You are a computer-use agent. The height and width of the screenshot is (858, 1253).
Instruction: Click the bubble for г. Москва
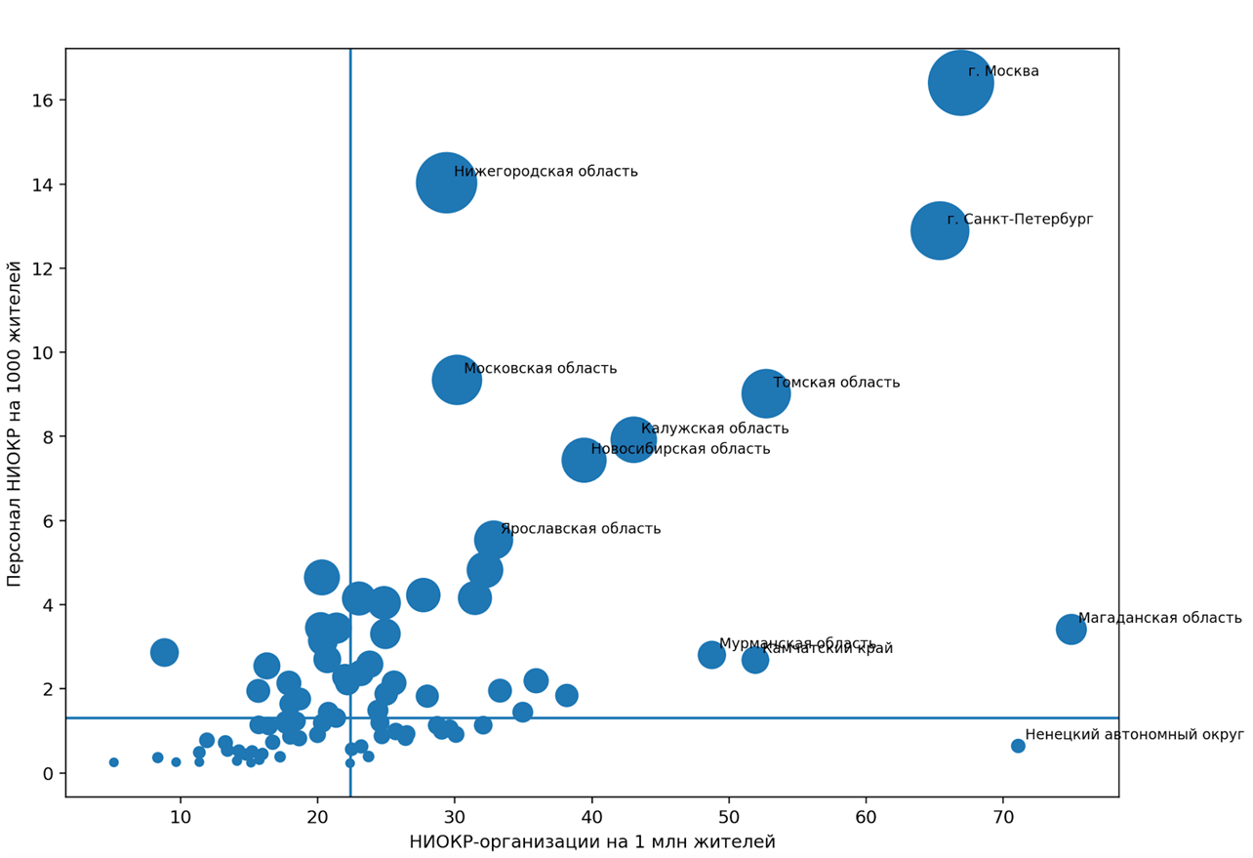tap(960, 83)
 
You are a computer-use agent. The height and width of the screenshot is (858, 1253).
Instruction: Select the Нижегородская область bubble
tap(446, 183)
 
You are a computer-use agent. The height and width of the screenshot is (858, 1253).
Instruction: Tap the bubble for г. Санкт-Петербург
tap(939, 231)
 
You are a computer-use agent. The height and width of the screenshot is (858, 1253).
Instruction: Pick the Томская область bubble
tap(765, 393)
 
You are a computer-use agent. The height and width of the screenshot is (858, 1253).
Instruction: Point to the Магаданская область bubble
tap(1071, 629)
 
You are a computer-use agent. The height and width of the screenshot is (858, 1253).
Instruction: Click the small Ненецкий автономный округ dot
tap(1018, 746)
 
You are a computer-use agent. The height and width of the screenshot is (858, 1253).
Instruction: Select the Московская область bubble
tap(456, 380)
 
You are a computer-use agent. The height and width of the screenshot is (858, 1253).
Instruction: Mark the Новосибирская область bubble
tap(584, 460)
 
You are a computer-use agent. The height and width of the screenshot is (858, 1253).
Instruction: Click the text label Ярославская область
tap(581, 529)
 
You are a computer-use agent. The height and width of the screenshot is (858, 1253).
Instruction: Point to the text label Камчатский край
tap(828, 650)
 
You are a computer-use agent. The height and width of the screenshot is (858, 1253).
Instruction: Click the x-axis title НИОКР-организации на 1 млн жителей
tap(591, 842)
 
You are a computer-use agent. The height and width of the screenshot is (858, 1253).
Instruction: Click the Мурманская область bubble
tap(711, 655)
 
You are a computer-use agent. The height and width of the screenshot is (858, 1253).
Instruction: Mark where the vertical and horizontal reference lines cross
tap(350, 717)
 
